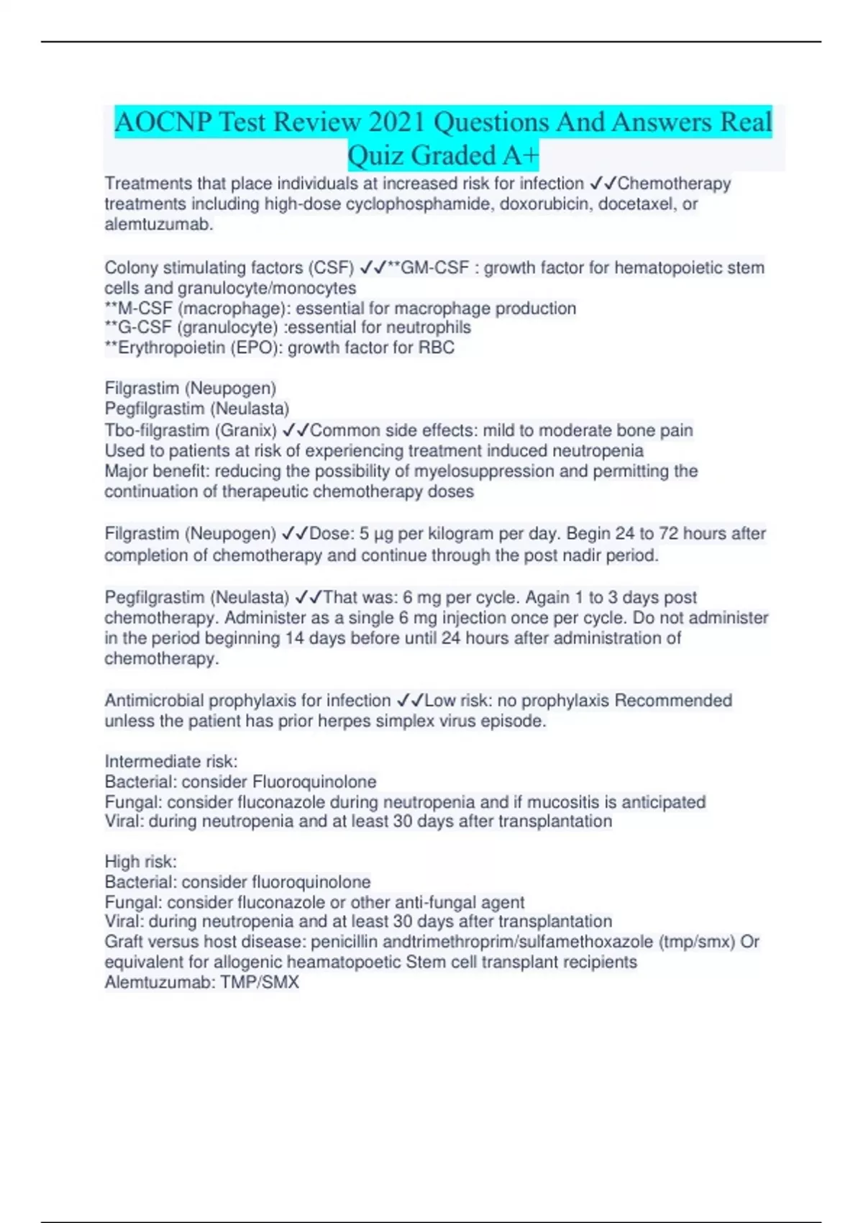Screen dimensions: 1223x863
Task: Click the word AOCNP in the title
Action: coord(163,122)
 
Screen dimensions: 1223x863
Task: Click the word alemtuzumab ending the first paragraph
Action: coord(158,224)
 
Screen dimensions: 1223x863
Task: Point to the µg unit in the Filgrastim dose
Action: coord(383,535)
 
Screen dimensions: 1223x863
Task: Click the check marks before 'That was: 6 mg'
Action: coord(309,597)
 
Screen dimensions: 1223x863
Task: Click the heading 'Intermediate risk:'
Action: coord(171,761)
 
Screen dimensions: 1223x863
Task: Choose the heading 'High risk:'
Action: coord(140,862)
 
